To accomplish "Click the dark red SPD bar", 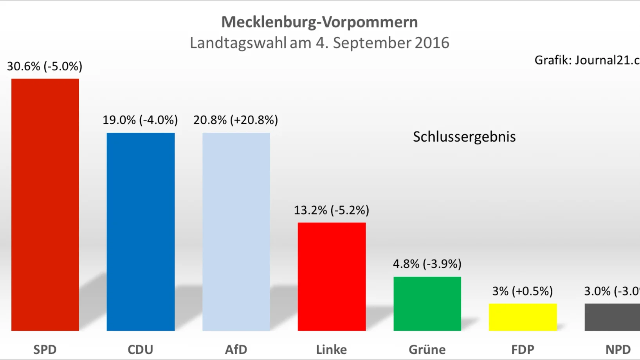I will click(45, 204).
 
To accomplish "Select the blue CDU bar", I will click(141, 232).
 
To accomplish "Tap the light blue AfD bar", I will click(236, 232).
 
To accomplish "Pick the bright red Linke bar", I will click(332, 276).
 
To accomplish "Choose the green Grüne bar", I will click(427, 304).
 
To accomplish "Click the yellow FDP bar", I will click(523, 317).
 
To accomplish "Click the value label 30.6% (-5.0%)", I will click(45, 66).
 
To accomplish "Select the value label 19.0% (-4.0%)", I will click(140, 120).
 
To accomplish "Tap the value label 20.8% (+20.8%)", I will click(236, 120).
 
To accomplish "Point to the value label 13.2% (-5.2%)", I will click(332, 210).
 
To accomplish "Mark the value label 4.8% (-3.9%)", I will click(427, 264).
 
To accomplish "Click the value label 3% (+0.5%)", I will click(523, 291).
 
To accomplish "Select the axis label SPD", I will click(45, 349).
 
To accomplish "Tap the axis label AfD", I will click(236, 349).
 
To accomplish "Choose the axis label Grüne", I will click(427, 349).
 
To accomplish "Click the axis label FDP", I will click(523, 349).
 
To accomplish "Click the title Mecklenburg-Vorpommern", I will click(319, 22).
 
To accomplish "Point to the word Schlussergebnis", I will click(464, 137).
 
